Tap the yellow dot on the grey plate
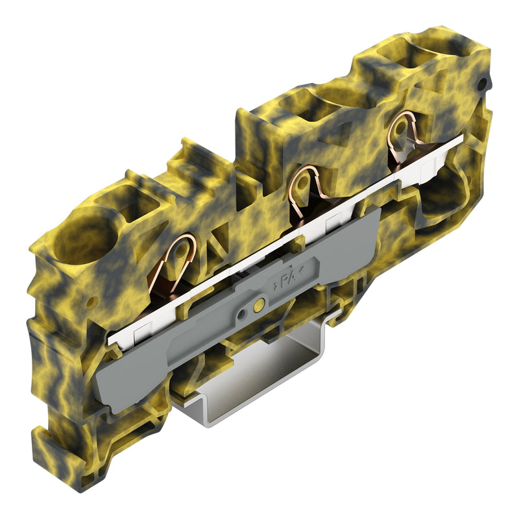click(259, 304)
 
